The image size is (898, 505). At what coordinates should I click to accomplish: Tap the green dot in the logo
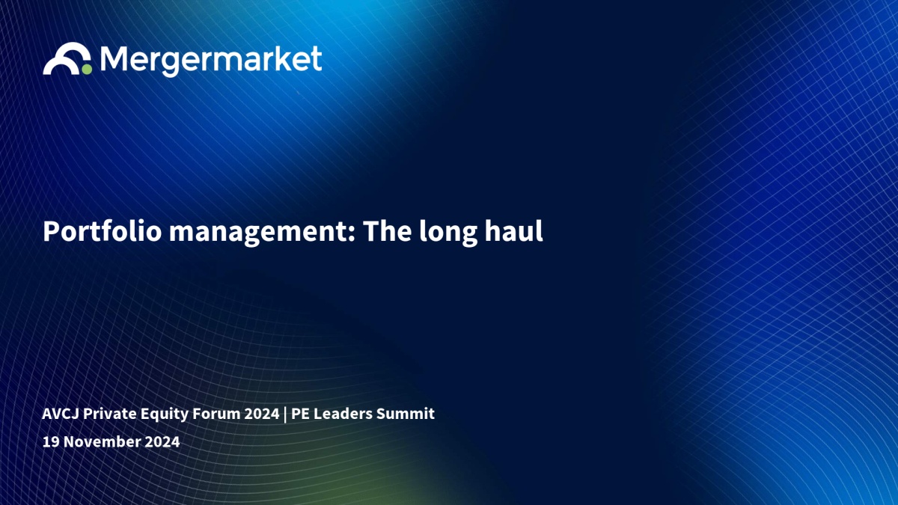[87, 70]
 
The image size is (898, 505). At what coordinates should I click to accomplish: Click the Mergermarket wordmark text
[211, 61]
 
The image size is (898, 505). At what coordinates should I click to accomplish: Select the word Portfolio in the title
[103, 231]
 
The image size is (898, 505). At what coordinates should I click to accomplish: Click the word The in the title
[388, 231]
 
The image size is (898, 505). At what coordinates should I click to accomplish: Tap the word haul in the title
[513, 231]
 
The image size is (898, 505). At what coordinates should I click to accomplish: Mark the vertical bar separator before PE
[285, 414]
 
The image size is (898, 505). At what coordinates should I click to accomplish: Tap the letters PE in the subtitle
[300, 414]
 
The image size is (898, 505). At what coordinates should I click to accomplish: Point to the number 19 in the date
[51, 441]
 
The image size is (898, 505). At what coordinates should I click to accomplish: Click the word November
[102, 441]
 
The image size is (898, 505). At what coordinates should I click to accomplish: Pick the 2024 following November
[162, 441]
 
